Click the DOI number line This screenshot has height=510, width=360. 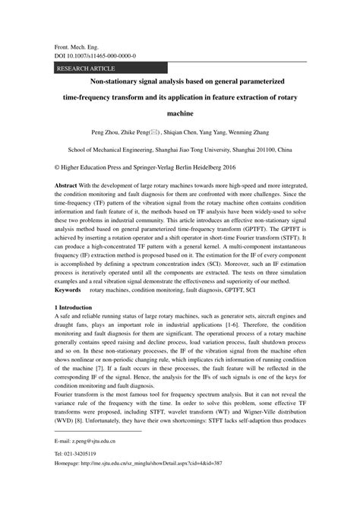pyautogui.click(x=96, y=55)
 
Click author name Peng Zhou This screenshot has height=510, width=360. pyautogui.click(x=105, y=131)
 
